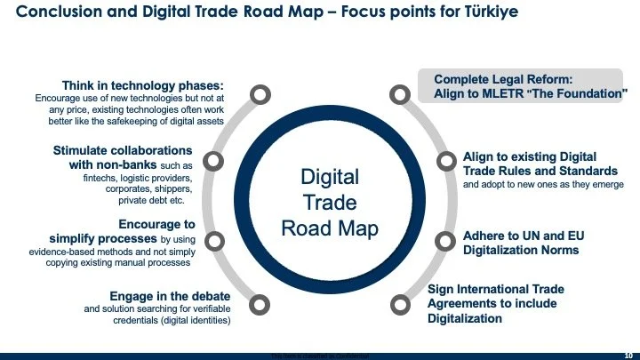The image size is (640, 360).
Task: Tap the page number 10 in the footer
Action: pos(627,354)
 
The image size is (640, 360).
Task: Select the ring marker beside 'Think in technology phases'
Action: pos(259,94)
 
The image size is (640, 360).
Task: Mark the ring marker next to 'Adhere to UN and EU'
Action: pos(445,238)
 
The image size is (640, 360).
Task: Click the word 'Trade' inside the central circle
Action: pos(330,202)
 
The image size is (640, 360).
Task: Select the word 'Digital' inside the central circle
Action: pos(330,176)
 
